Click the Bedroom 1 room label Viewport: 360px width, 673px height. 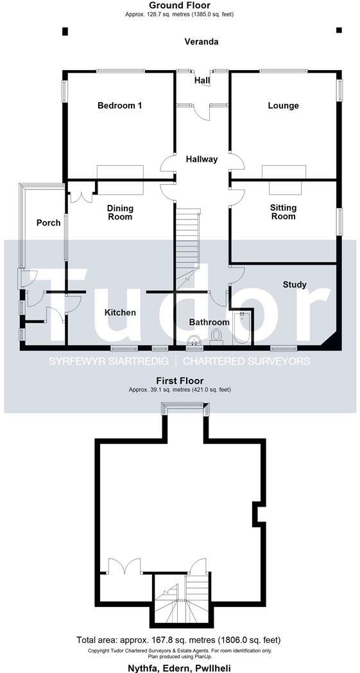click(x=119, y=105)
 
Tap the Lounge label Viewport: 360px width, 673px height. click(x=283, y=105)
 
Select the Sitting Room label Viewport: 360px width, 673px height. click(x=283, y=212)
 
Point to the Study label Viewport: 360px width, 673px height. click(x=295, y=284)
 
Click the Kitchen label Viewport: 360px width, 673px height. click(x=120, y=313)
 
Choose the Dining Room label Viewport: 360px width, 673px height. click(x=119, y=212)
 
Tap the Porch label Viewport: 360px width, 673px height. click(x=48, y=223)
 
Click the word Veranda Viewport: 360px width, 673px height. click(x=201, y=42)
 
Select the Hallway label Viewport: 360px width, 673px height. click(x=201, y=159)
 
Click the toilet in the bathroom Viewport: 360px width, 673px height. click(x=216, y=336)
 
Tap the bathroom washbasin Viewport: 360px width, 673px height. click(x=193, y=341)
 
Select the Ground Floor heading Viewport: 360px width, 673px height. click(x=180, y=5)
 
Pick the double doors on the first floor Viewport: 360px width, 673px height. click(x=124, y=567)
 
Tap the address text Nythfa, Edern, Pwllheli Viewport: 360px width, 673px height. click(x=180, y=668)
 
